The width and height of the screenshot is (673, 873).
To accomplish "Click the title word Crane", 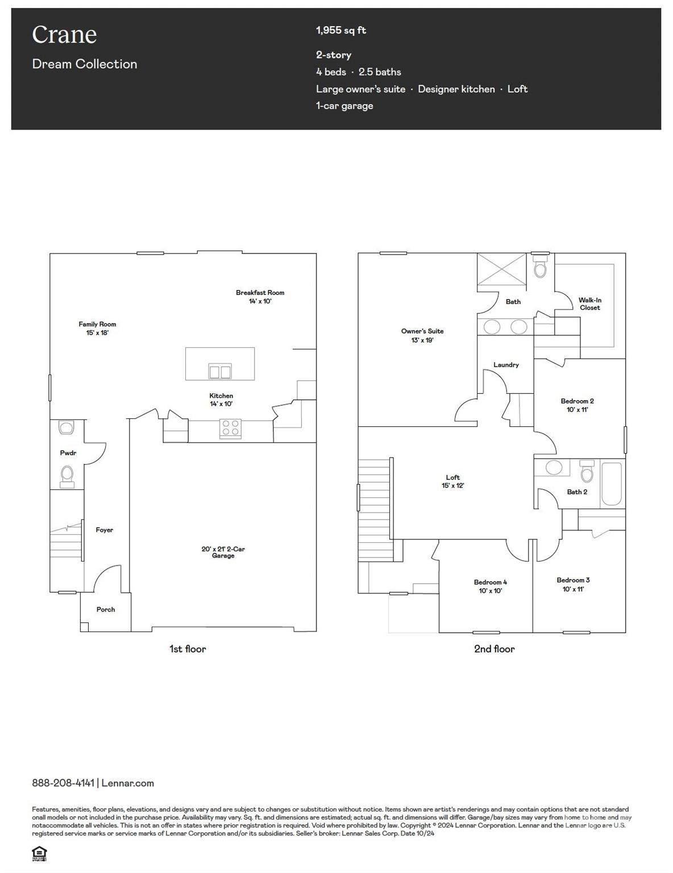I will tap(64, 35).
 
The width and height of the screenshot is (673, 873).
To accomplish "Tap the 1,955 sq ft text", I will tap(341, 30).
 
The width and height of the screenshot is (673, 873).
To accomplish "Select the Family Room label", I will tap(97, 328).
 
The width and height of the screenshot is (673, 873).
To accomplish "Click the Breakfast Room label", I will tap(260, 297).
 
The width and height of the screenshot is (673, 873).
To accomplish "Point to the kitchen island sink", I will tap(220, 372).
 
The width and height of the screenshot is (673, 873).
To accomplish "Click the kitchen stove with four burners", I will tap(230, 429).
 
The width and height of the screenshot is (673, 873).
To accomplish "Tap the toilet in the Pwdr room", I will tap(67, 476).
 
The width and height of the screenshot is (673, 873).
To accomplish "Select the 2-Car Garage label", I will tap(223, 552).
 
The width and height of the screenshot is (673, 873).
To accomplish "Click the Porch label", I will tap(106, 609).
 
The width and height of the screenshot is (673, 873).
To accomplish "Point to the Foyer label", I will tap(104, 530).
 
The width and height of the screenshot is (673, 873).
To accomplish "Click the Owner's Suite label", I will tap(422, 335).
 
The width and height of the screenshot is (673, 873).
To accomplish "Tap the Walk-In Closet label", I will tap(589, 304).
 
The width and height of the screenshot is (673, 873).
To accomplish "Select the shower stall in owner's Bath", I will tap(502, 269).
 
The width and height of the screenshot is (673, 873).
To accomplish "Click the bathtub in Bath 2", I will tap(612, 484).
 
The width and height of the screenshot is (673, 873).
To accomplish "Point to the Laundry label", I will tap(506, 365).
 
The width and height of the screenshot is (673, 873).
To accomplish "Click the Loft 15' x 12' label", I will tap(453, 481).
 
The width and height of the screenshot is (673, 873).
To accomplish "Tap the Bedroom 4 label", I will tap(490, 586).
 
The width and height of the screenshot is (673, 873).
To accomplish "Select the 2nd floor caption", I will tap(494, 648).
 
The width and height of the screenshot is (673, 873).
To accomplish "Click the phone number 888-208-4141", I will tap(63, 783).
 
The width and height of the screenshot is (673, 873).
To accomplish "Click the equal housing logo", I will tap(39, 853).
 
